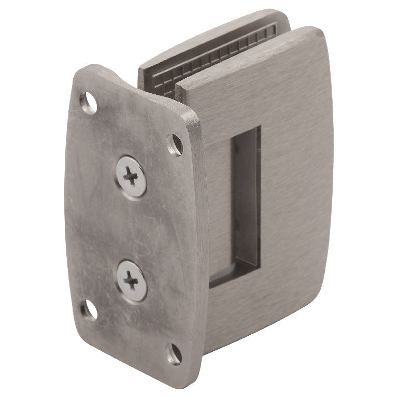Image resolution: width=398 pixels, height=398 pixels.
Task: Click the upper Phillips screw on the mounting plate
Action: pos(131,177)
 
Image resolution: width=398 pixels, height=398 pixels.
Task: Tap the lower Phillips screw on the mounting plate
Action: pos(131,280)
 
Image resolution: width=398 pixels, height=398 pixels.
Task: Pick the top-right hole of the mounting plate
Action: pos(175,145)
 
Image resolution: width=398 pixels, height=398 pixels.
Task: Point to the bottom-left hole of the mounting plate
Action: pos(89,310)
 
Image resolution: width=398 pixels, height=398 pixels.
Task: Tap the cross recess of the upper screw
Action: pos(131,177)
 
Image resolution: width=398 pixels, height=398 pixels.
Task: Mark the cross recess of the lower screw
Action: pos(131,281)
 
